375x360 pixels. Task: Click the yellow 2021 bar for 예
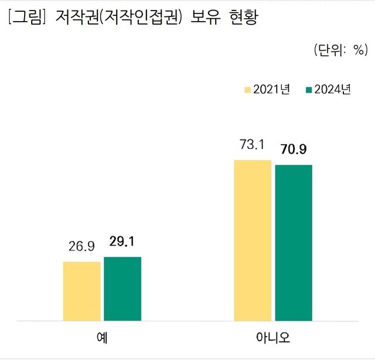pyautogui.click(x=81, y=291)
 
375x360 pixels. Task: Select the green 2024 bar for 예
pyautogui.click(x=122, y=289)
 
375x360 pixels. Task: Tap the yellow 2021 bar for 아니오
pyautogui.click(x=253, y=240)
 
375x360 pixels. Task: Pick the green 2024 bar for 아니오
pyautogui.click(x=294, y=243)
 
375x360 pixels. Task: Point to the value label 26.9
pyautogui.click(x=81, y=247)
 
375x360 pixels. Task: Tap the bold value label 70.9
pyautogui.click(x=294, y=150)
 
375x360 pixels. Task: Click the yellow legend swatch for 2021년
pyautogui.click(x=248, y=90)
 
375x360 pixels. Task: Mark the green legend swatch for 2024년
pyautogui.click(x=309, y=90)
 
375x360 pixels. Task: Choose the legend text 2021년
pyautogui.click(x=271, y=90)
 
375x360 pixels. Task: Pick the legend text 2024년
pyautogui.click(x=332, y=90)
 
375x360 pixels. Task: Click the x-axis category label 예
pyautogui.click(x=102, y=339)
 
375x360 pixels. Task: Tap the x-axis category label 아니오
pyautogui.click(x=273, y=339)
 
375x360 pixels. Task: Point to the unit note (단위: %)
pyautogui.click(x=339, y=50)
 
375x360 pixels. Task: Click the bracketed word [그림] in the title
pyautogui.click(x=27, y=17)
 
